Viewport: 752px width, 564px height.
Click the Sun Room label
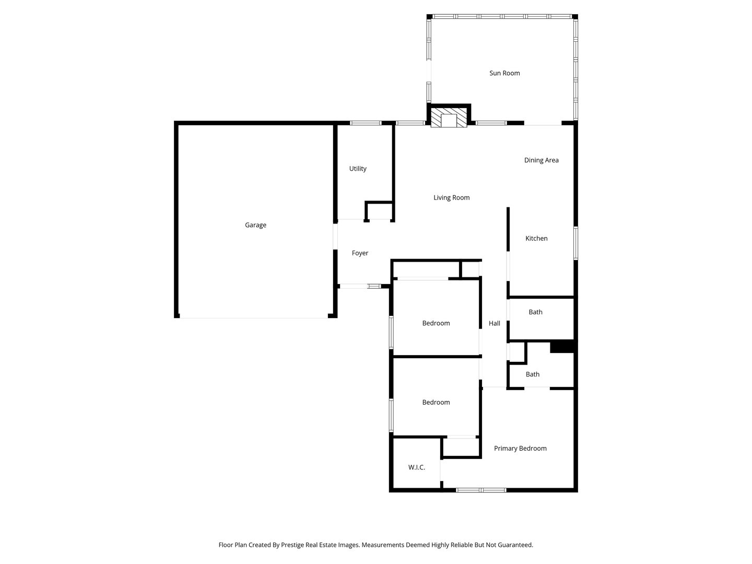coord(504,73)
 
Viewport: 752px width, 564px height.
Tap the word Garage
coord(255,225)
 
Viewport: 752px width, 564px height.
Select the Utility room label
coord(358,169)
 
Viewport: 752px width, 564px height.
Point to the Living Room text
coord(451,197)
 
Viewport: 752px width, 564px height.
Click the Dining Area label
coord(541,160)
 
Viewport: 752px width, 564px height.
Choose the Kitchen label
coord(536,238)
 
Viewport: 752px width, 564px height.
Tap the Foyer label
coord(360,253)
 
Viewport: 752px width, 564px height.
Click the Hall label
coord(494,323)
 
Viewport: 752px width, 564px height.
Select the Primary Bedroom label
coord(520,448)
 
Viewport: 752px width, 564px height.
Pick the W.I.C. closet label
coord(416,467)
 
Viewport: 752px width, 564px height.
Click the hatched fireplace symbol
coord(449,118)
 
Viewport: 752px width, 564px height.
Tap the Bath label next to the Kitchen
coord(535,312)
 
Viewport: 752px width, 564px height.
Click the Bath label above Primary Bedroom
coord(532,374)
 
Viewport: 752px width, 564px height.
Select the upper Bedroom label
coord(436,323)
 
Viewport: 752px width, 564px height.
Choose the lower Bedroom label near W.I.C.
coord(436,402)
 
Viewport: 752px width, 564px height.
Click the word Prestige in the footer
coord(292,545)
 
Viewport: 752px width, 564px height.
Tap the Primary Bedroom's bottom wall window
coord(480,490)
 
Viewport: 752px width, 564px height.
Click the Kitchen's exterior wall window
coord(575,243)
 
